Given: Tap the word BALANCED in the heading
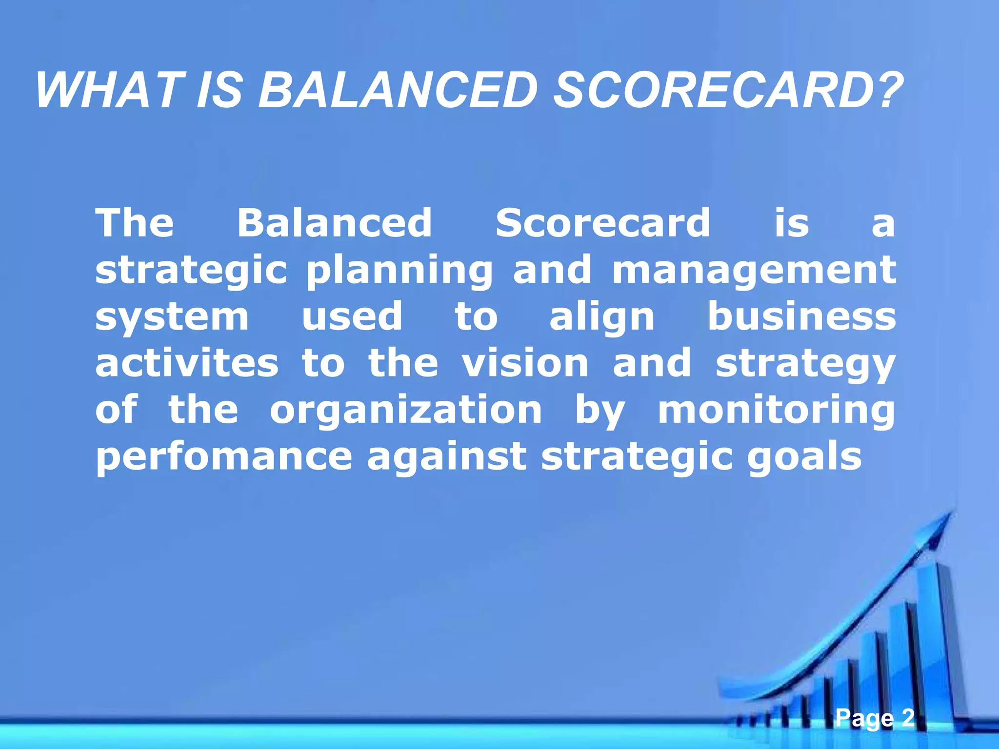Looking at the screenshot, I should pos(397,91).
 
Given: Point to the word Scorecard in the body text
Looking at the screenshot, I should pos(603,223).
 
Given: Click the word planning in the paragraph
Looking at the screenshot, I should pos(399,271).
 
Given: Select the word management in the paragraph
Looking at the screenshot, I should pos(754,271).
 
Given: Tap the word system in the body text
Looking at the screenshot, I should pos(172,317).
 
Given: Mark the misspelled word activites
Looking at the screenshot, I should pos(187,363).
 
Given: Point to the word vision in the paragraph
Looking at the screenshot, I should pos(525,363).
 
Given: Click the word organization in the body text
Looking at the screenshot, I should pos(405,411).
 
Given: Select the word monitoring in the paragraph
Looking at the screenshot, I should pos(776,411).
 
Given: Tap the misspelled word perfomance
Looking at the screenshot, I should pos(224,457).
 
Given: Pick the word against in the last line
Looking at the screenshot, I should pos(446,457).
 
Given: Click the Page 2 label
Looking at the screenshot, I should pos(875,718).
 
